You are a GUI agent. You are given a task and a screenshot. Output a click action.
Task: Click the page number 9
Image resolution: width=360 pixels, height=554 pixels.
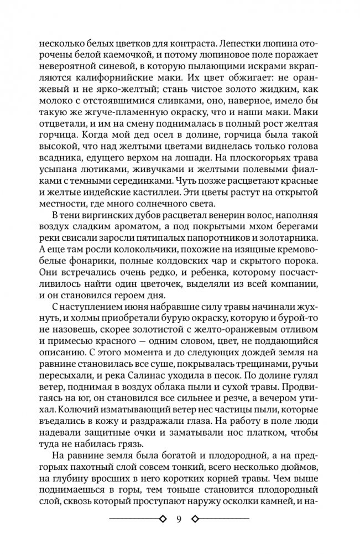pos(179,519)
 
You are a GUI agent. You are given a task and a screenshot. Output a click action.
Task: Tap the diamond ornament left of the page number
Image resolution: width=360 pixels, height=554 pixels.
pos(163,519)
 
